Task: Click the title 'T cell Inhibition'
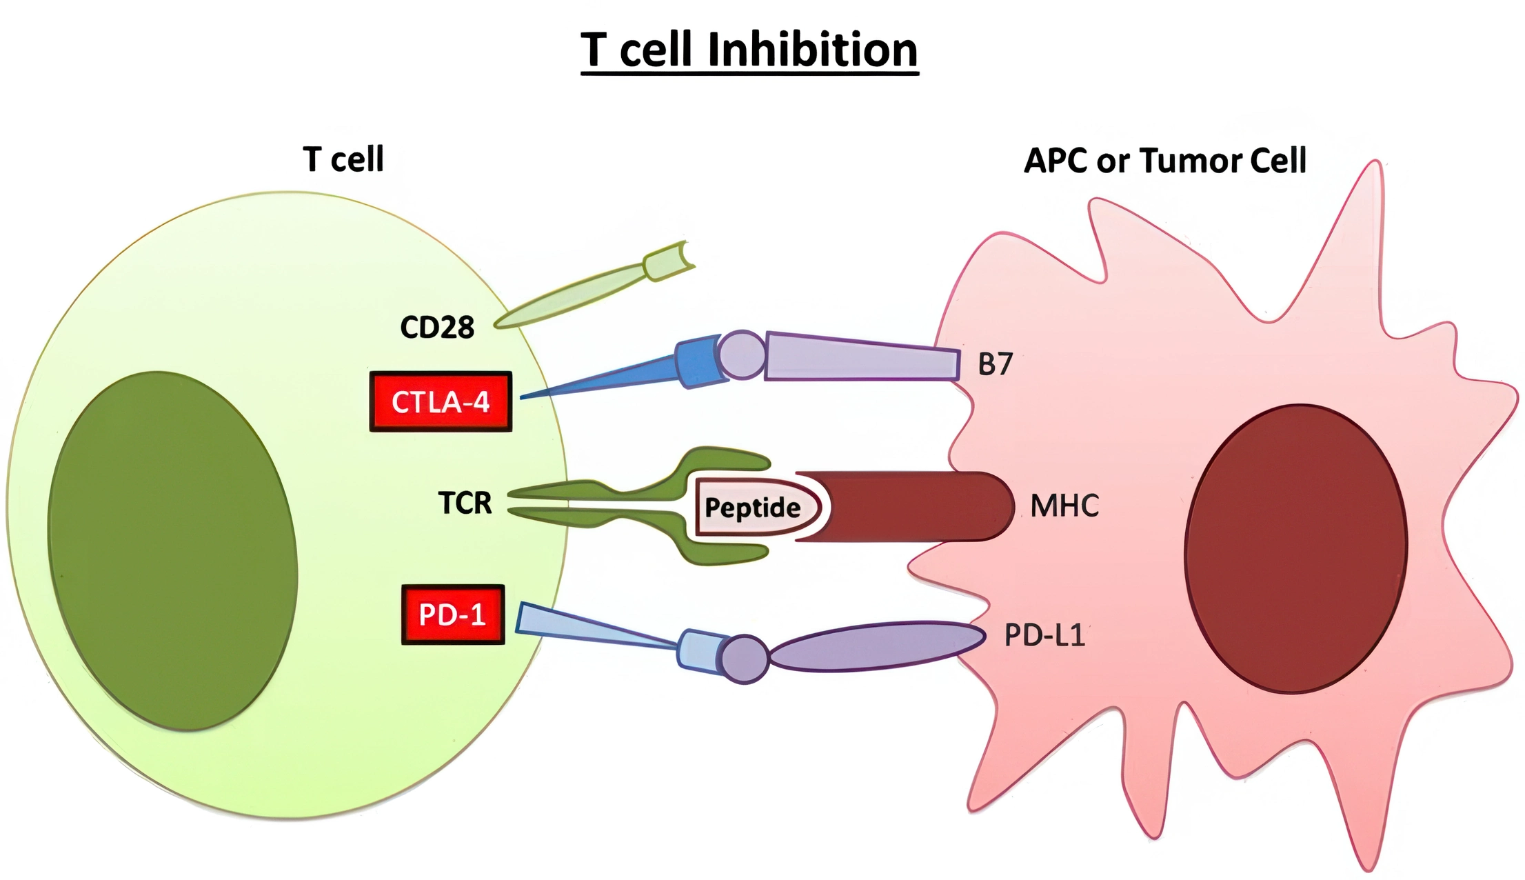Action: (749, 50)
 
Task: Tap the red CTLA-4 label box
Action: (441, 402)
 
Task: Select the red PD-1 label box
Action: (453, 614)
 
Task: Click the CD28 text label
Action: (437, 328)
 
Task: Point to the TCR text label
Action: (465, 503)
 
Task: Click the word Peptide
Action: (752, 508)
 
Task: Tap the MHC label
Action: (1064, 506)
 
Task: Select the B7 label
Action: (995, 364)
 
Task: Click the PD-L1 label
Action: (1044, 635)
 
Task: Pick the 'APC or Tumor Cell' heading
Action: (1164, 161)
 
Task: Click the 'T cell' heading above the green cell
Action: (343, 159)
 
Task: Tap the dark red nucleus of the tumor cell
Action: (1295, 548)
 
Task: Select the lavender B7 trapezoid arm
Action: (862, 357)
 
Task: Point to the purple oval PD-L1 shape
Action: (876, 646)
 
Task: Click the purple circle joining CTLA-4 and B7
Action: (742, 354)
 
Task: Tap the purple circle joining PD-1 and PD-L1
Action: (745, 659)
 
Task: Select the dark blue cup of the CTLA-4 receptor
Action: (698, 361)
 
